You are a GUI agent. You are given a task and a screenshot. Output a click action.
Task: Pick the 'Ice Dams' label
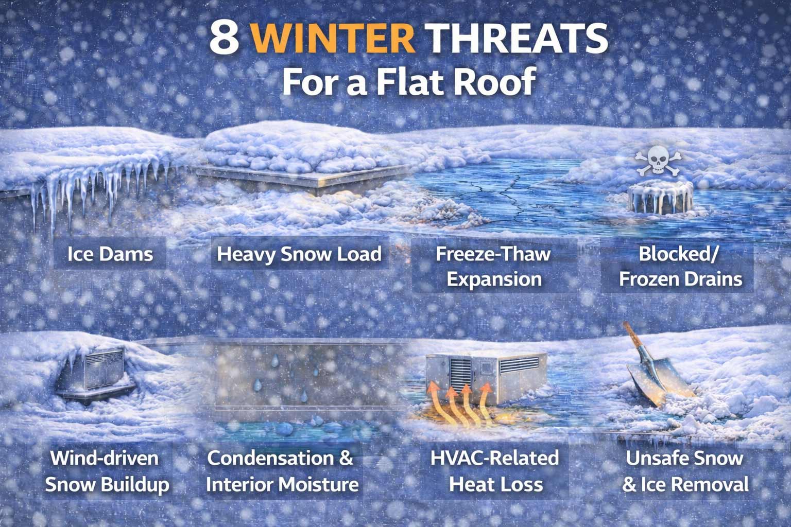110,254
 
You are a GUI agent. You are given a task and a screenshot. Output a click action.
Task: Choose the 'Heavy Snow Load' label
299,254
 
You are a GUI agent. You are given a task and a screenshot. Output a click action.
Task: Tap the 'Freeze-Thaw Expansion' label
493,267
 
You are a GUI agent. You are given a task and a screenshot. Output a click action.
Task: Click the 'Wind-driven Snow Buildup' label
107,471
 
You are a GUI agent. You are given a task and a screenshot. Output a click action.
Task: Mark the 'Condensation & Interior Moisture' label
281,471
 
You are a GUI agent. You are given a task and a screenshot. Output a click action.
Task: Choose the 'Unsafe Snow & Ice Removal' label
685,471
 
